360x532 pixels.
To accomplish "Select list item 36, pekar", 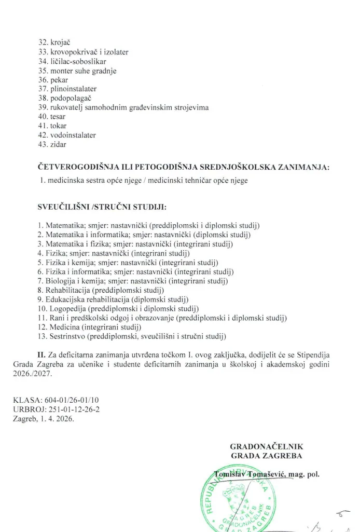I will pos(53,80).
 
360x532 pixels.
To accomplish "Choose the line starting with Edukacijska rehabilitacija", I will pos(117,299).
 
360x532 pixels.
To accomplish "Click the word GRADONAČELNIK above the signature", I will pos(266,446).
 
